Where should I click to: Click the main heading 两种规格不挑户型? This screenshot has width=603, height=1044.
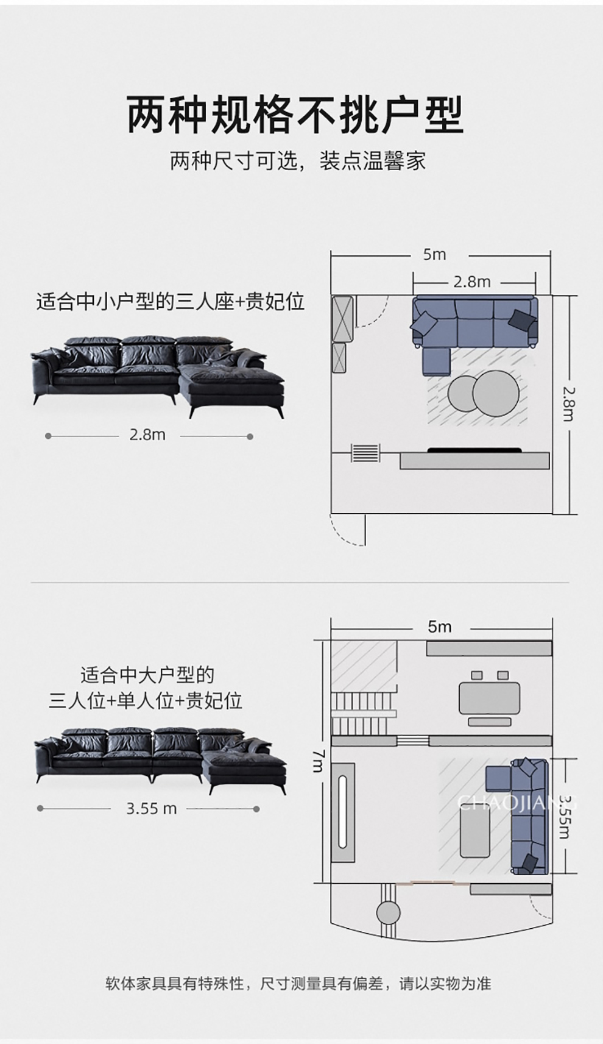(x=296, y=115)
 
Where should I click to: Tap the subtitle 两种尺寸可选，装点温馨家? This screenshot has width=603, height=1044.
(x=297, y=162)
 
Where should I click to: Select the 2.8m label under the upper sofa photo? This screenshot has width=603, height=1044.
(x=147, y=435)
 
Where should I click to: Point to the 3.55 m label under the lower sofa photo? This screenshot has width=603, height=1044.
(x=151, y=809)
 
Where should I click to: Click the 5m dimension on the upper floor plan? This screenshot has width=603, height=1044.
(x=434, y=255)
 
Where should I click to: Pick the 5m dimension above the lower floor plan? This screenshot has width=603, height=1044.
(x=439, y=627)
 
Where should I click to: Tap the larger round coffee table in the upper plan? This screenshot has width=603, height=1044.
(x=496, y=394)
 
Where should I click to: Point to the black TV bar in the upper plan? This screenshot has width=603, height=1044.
(x=474, y=450)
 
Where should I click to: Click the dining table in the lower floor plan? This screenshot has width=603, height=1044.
(x=489, y=698)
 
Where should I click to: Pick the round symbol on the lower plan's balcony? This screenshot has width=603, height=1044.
(x=389, y=912)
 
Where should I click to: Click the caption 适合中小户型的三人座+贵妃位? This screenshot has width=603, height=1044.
(x=170, y=302)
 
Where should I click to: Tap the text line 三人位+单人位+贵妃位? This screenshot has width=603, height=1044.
(x=146, y=701)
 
